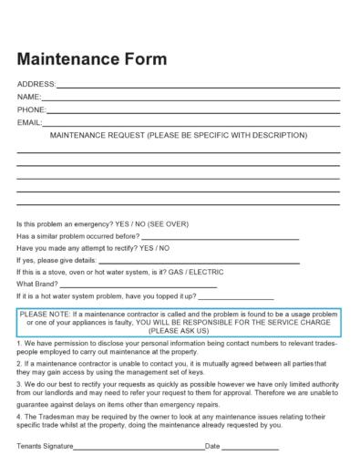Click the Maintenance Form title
tap(91, 59)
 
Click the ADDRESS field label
tap(36, 85)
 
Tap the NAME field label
tap(28, 97)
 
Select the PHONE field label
tap(31, 109)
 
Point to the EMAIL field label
tap(29, 121)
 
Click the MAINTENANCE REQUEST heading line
tap(179, 134)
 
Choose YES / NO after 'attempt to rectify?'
tap(155, 248)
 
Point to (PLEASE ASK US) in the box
tap(179, 330)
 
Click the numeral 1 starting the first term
tap(19, 343)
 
